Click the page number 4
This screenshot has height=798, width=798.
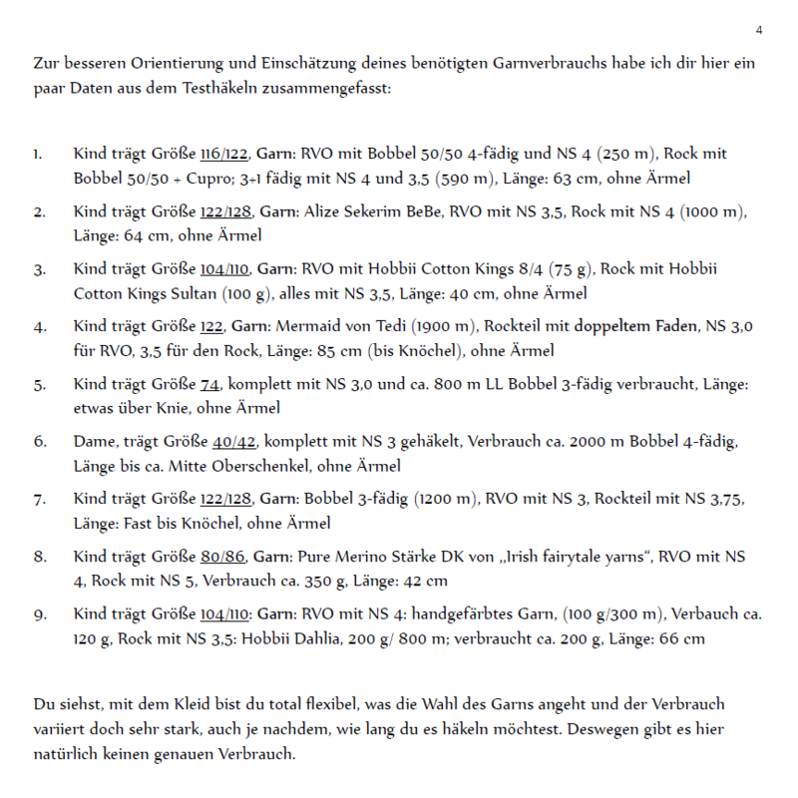[759, 29]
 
